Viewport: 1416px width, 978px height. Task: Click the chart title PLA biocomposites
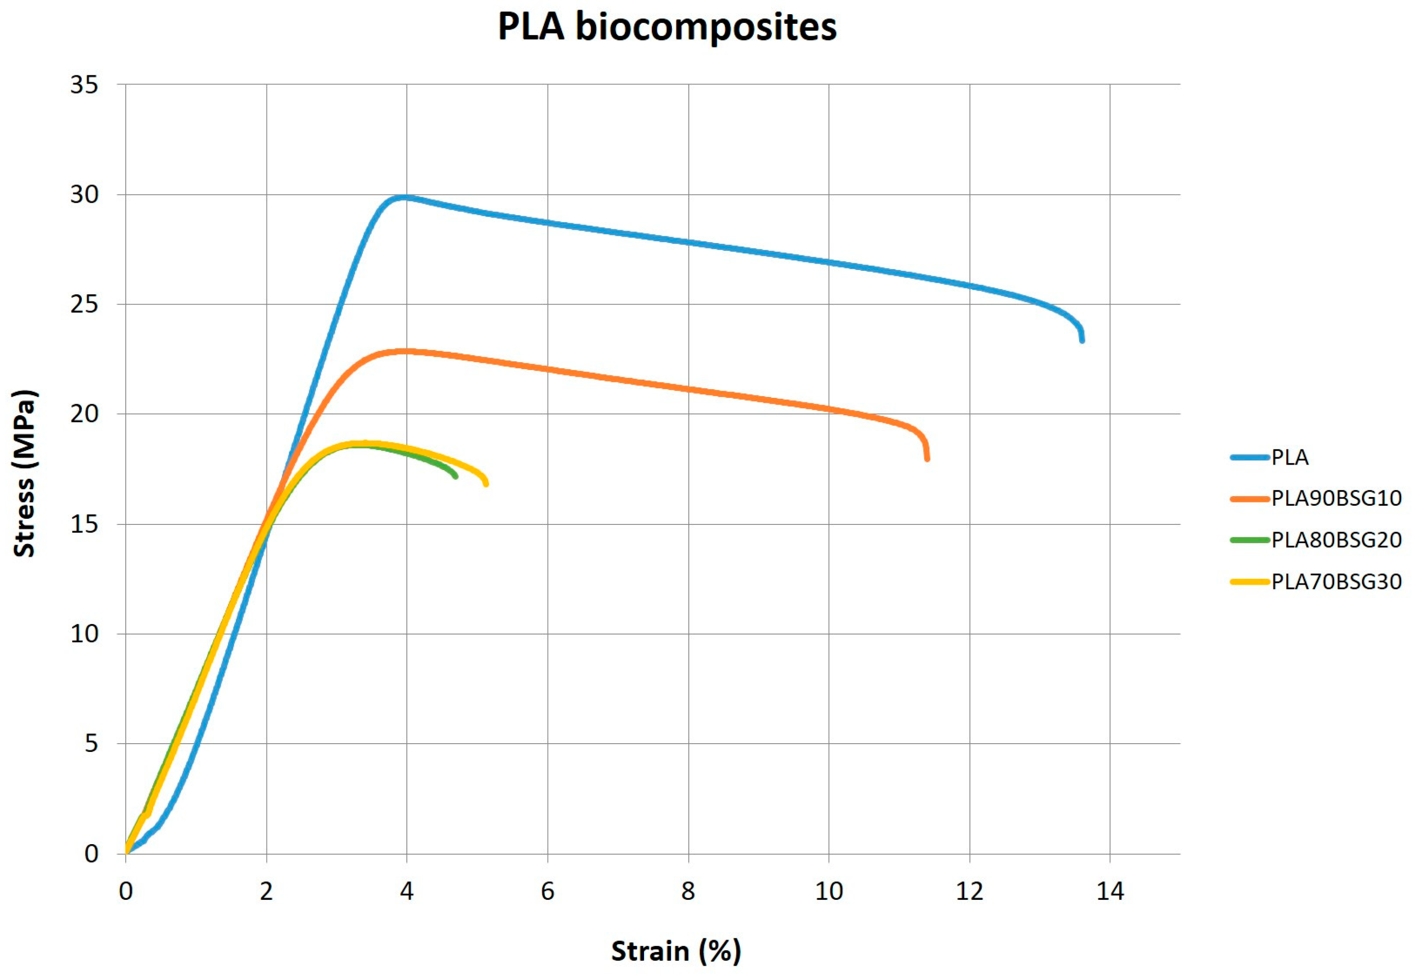pos(667,27)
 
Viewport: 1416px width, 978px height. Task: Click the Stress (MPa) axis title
pos(25,473)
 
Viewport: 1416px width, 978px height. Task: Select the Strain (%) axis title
pos(676,951)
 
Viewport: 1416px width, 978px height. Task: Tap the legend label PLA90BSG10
pos(1336,498)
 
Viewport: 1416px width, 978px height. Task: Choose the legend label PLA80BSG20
pos(1336,540)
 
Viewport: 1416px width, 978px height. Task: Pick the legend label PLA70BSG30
pos(1336,581)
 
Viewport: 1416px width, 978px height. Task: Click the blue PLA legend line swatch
pos(1249,457)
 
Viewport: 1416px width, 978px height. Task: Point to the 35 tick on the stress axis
pos(84,85)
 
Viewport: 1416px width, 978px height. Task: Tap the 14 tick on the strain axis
pos(1110,891)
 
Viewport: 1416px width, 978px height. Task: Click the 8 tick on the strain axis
pos(688,891)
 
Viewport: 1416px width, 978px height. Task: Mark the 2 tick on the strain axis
pos(266,891)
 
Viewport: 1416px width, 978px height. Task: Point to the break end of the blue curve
pos(1082,340)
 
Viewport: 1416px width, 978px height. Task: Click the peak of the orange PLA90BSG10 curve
pos(405,351)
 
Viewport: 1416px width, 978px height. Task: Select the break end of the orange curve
pos(927,458)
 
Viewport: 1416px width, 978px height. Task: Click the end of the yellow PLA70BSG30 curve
pos(485,483)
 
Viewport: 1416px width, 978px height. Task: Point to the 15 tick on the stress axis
pos(84,524)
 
